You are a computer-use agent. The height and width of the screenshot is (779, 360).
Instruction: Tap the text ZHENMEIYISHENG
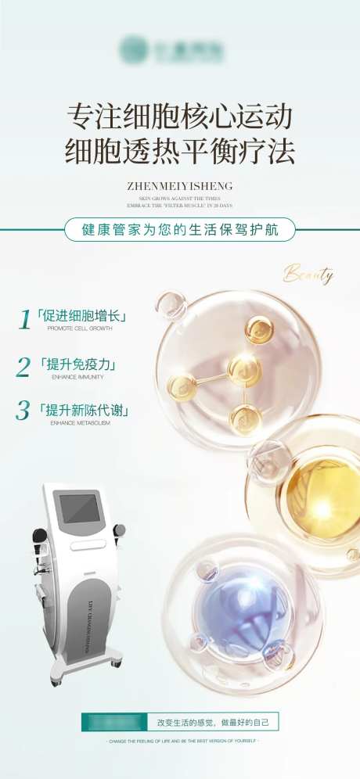[x=179, y=186]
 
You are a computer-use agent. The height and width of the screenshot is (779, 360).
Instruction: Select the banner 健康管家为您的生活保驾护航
[x=179, y=229]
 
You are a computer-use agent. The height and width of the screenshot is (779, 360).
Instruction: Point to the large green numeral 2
[x=23, y=366]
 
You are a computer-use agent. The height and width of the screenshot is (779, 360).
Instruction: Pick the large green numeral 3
[x=23, y=410]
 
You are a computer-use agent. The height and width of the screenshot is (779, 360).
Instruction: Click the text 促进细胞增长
[x=82, y=318]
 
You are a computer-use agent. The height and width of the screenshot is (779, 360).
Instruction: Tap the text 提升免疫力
[x=77, y=364]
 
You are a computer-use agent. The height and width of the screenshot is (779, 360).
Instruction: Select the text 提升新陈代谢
[x=83, y=410]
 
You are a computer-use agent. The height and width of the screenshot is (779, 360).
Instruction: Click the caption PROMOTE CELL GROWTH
[x=80, y=329]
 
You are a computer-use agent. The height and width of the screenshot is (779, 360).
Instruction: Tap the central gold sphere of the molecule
[x=244, y=368]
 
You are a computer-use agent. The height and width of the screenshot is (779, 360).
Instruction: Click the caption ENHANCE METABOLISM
[x=81, y=422]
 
